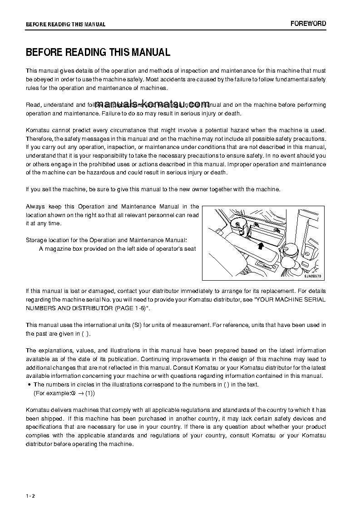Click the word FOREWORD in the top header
click(308, 24)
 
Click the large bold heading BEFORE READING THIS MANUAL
click(98, 52)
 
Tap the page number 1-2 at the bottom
click(30, 495)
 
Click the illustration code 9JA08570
click(312, 276)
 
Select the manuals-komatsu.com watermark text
click(153, 104)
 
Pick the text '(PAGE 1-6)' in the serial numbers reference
click(132, 308)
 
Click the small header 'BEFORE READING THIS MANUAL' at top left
click(65, 25)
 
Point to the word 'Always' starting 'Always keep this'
click(35, 207)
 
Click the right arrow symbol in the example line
click(80, 393)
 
